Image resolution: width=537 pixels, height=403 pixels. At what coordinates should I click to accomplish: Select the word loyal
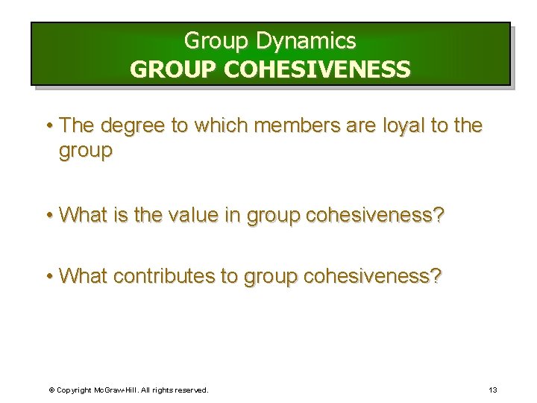pyautogui.click(x=397, y=125)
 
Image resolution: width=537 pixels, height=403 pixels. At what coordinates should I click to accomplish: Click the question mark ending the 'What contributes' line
pyautogui.click(x=436, y=276)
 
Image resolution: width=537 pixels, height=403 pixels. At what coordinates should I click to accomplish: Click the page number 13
pyautogui.click(x=492, y=390)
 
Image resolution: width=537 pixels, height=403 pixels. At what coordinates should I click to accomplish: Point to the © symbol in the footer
pyautogui.click(x=51, y=390)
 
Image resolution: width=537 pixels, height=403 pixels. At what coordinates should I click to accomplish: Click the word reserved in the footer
pyautogui.click(x=191, y=390)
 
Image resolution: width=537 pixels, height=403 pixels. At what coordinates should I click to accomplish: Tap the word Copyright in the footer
pyautogui.click(x=75, y=390)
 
